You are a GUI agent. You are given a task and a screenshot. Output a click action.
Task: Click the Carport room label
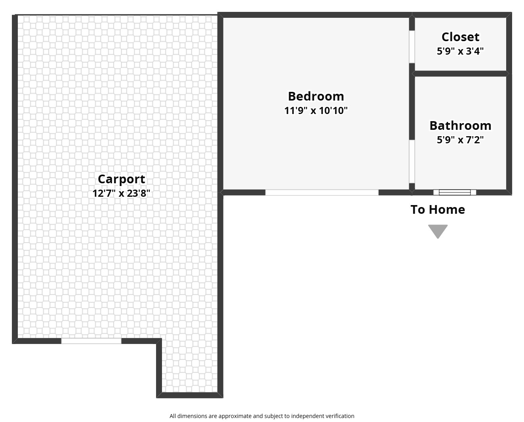[121, 180]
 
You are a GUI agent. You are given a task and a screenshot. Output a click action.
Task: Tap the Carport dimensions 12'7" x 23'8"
[121, 194]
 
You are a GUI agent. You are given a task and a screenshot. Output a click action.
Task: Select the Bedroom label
[316, 96]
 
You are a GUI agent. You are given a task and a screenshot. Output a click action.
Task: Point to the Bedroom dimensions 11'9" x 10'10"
[316, 110]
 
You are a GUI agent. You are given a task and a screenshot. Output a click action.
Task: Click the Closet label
[460, 37]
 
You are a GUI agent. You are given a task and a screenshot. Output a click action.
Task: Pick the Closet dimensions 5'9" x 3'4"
[460, 51]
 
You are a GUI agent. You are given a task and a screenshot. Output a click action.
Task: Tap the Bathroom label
[460, 126]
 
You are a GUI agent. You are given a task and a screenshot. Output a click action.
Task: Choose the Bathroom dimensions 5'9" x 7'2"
[460, 140]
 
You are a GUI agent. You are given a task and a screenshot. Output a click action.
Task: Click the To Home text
[438, 209]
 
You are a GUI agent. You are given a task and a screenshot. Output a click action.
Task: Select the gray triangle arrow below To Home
[438, 230]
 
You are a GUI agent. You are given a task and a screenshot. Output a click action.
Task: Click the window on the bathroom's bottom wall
[454, 192]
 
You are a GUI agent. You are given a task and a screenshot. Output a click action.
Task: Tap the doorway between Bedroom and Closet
[412, 47]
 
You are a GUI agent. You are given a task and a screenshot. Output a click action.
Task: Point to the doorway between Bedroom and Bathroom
[412, 162]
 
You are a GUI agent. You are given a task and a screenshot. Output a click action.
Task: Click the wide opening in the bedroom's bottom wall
[322, 192]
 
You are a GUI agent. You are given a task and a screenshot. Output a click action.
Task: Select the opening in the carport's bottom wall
[91, 341]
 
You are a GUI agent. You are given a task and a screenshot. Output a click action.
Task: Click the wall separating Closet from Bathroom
[460, 74]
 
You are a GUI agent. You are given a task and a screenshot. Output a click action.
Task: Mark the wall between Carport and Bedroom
[220, 103]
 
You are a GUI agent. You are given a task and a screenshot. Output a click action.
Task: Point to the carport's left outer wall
[15, 179]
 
